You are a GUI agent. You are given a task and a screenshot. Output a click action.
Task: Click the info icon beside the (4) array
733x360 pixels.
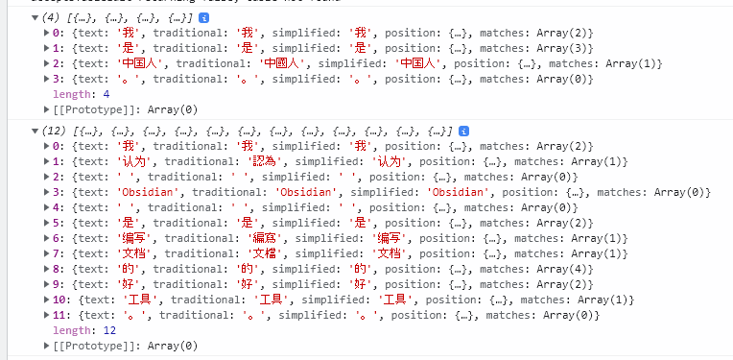[204, 17]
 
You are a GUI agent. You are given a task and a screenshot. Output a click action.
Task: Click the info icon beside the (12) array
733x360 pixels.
[463, 131]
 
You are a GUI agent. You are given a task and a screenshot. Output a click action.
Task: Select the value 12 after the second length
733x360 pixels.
[108, 330]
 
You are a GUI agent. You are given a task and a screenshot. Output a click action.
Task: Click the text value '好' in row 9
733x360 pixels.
[123, 284]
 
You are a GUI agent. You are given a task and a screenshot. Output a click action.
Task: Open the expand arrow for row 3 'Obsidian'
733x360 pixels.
[47, 192]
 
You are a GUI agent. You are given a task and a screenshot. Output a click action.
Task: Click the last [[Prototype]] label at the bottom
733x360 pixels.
[91, 346]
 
